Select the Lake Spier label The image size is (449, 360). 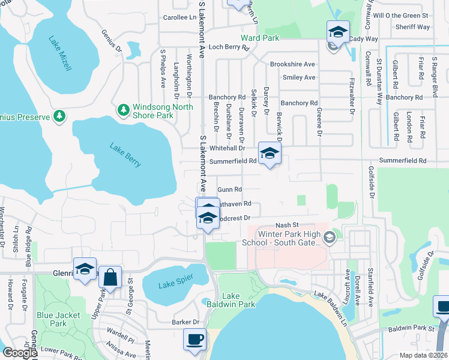173,286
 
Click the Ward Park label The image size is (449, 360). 261,37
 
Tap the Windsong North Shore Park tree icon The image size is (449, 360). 124,109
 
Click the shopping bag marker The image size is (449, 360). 110,278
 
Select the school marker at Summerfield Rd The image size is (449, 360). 270,153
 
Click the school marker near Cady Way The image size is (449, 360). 338,32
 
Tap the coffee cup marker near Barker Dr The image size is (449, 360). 194,340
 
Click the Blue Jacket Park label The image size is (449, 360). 51,319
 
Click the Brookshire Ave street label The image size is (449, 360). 292,64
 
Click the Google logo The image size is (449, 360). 20,353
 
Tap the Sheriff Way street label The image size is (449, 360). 412,27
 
